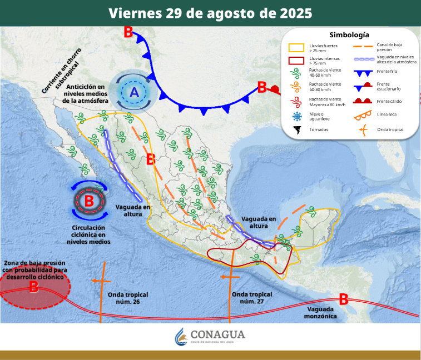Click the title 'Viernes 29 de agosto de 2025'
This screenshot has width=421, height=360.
tap(210, 13)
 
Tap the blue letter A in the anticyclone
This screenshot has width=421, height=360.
tap(134, 93)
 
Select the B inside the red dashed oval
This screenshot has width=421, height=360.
tap(33, 287)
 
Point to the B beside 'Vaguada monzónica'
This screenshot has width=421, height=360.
tap(344, 299)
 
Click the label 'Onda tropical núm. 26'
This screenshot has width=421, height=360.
tap(121, 298)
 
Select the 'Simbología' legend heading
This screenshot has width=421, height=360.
tap(349, 34)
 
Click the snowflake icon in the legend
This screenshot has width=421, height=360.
tap(296, 116)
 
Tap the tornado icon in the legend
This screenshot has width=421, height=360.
tap(297, 130)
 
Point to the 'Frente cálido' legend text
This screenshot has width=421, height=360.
tap(389, 101)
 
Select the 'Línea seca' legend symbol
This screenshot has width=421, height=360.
tap(362, 116)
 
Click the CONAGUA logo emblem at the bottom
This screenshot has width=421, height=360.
tap(181, 336)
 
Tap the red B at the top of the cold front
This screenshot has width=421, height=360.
tap(128, 32)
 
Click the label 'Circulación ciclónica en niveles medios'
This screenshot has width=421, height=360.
tap(88, 234)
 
